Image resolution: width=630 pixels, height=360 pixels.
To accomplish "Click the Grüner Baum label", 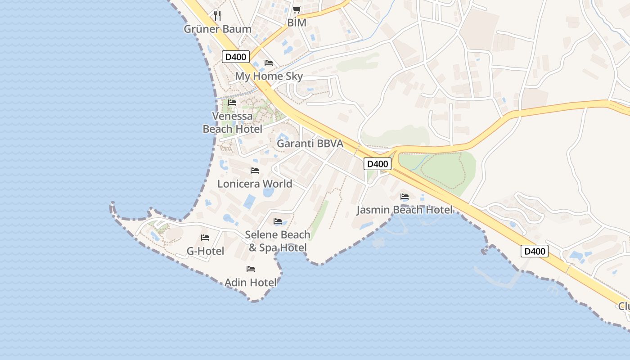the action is pos(217,29).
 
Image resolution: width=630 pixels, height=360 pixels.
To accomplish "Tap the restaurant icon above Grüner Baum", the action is pos(217,15).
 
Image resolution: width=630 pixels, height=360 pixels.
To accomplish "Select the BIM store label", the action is pos(297,22).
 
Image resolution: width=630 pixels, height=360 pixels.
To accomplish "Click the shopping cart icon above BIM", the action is pos(297,9).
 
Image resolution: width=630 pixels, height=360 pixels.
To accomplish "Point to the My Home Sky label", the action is pos(269,76).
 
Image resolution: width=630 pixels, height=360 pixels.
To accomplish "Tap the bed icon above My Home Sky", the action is pos(269,63).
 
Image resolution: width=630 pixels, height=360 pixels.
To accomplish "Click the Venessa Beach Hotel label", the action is pos(232,122).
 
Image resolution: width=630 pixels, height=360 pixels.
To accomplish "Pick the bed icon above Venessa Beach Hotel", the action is pos(232,103).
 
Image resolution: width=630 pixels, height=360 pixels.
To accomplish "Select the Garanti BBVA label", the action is pos(310,144).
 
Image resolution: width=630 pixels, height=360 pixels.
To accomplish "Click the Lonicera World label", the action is pos(255,184).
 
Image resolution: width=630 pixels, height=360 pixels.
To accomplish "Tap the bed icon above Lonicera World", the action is pos(255,171).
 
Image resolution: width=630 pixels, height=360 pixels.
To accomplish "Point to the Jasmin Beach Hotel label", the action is pos(405,210).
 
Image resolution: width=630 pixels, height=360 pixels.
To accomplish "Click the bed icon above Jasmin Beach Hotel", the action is pos(405,197).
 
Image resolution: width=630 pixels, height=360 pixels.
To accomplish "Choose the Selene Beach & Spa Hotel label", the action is pos(278,241).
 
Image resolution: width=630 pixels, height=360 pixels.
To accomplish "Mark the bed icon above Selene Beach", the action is pos(278,221).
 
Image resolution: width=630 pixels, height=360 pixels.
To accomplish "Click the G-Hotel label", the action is pos(205,251).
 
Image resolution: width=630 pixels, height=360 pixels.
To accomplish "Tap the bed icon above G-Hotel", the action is pos(205,238).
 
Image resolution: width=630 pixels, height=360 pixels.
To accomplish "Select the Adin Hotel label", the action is pos(251,283).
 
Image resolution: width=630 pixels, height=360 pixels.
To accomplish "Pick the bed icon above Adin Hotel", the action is pos(251,269).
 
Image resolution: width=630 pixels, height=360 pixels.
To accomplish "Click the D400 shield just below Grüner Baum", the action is pos(236,57).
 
